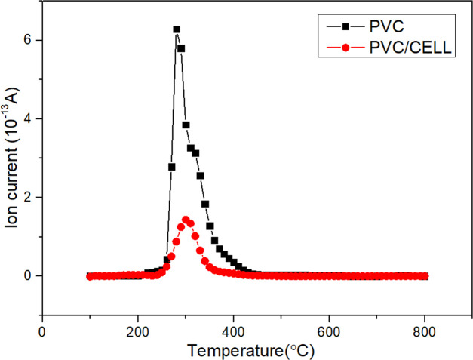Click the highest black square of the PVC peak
coord(177,29)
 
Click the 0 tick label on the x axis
coord(42,330)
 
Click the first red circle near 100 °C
coord(90,276)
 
